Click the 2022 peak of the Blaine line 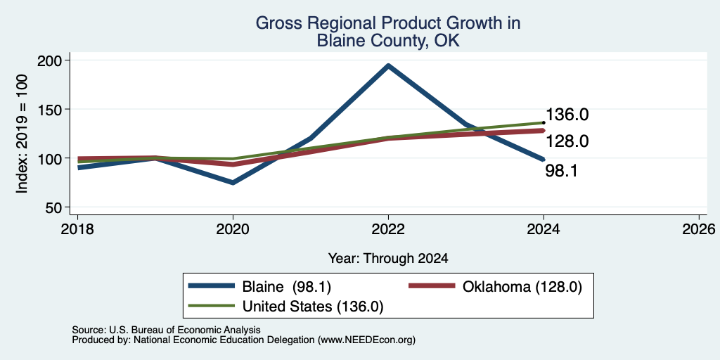click(388, 65)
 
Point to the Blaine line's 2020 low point click(233, 183)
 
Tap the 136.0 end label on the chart click(567, 115)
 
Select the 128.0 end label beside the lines click(567, 141)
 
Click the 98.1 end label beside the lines click(561, 171)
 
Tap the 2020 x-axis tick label click(233, 229)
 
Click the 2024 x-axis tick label click(544, 229)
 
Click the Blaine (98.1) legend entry click(260, 287)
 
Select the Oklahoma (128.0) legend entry click(496, 287)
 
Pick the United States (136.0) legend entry click(286, 306)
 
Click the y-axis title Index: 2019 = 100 click(22, 134)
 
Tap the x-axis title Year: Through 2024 click(388, 259)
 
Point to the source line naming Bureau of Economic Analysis click(166, 330)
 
